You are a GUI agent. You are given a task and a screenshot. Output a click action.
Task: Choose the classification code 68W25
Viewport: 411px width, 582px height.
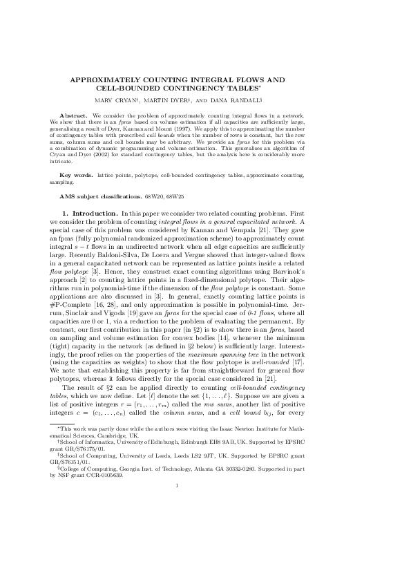[x=185, y=187]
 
